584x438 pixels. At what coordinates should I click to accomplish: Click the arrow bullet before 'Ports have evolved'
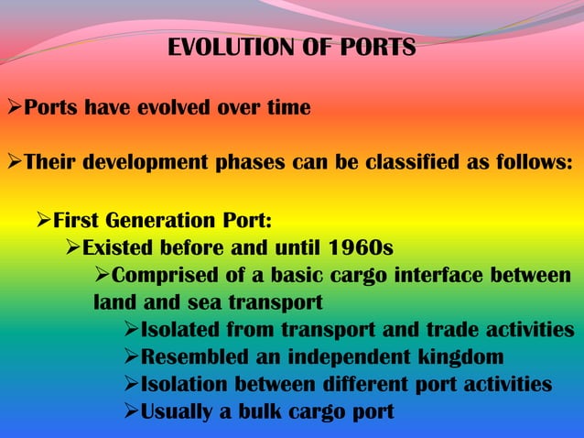click(14, 109)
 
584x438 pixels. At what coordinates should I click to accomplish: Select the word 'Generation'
click(158, 221)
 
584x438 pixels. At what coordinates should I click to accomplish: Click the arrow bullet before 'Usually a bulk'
click(132, 411)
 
